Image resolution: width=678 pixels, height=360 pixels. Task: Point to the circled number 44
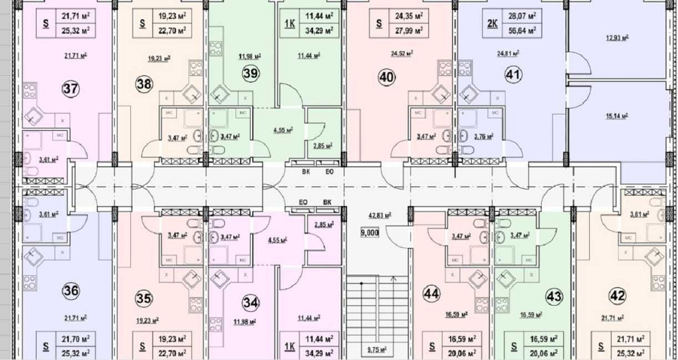(x=431, y=294)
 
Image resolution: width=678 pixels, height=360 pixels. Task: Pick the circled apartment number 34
(x=251, y=302)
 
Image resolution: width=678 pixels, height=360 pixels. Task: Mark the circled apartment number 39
(x=250, y=75)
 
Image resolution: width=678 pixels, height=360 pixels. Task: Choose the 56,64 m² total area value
(x=523, y=30)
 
